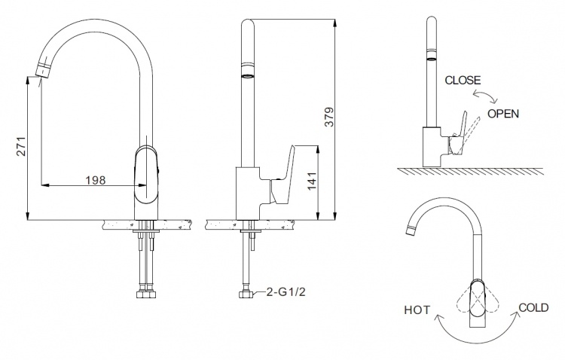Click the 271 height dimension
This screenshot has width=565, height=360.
22,146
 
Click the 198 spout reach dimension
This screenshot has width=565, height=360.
96,180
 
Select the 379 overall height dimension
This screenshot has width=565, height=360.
329,117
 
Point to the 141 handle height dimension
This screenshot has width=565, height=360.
312,181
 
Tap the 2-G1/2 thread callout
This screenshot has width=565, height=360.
286,291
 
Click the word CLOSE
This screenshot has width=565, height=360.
463,80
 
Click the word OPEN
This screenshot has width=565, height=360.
503,114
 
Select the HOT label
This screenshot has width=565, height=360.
417,310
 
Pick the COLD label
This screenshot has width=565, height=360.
533,307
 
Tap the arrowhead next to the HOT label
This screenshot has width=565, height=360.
438,317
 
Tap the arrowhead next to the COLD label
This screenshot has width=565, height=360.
517,315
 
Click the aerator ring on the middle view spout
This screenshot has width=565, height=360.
247,76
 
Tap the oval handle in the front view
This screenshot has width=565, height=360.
146,175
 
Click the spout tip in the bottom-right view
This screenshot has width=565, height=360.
410,230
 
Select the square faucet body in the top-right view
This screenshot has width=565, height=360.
432,147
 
